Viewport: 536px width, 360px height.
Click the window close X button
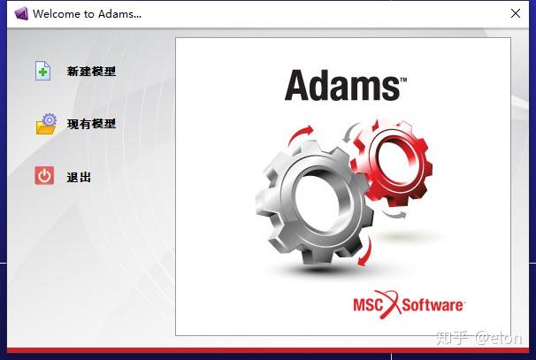pos(516,13)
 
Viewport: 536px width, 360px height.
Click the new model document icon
pos(43,71)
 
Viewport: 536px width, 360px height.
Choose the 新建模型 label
pos(91,72)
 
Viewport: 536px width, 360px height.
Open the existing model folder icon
pos(46,124)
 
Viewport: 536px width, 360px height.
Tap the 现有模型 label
pos(91,125)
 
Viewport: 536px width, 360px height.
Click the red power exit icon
pos(44,176)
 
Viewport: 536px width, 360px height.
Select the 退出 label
pos(79,177)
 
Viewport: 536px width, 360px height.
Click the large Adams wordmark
pos(341,86)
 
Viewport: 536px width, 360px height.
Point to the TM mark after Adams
pos(403,79)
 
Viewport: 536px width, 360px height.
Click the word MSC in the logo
pos(369,305)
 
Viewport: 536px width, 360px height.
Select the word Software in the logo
pos(433,305)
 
